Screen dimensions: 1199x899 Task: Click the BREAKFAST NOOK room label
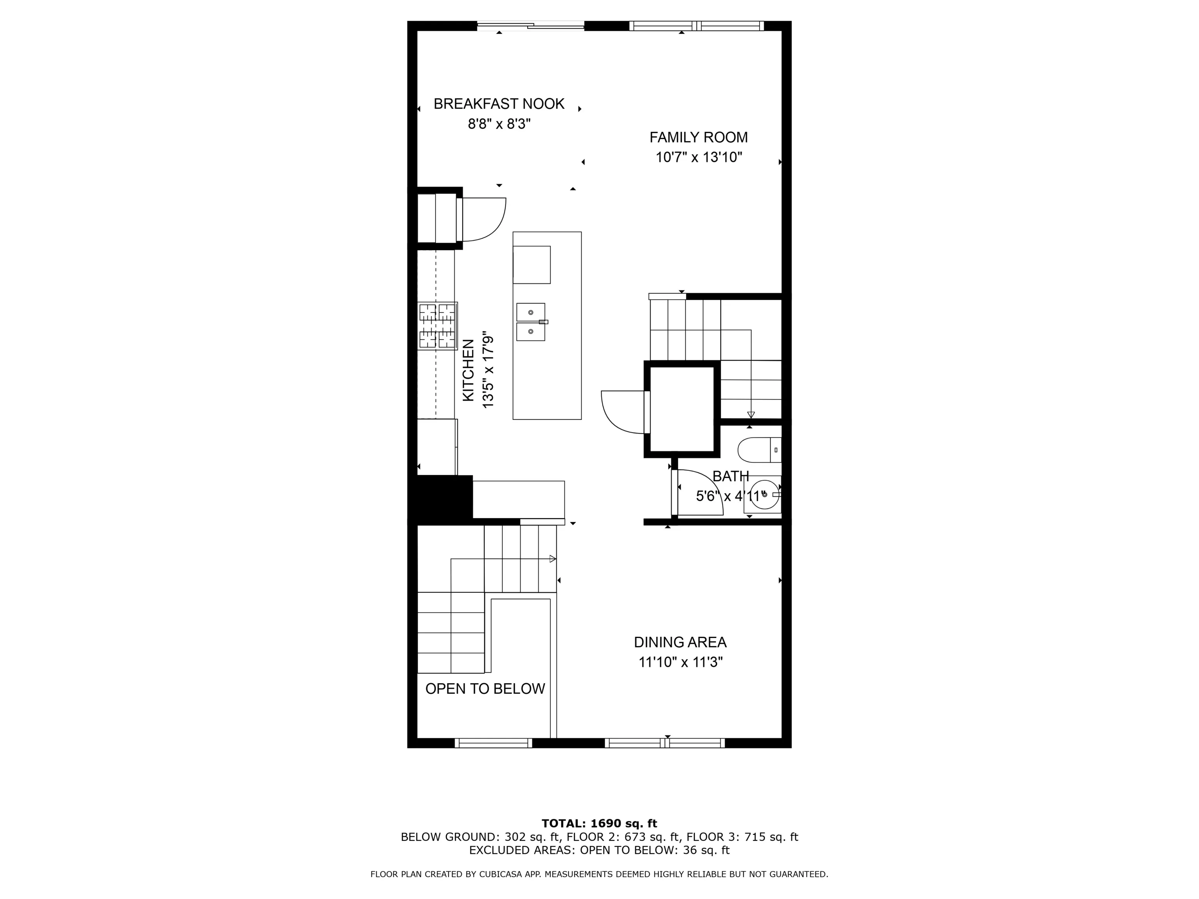click(499, 103)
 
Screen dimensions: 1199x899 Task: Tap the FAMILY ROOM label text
click(698, 138)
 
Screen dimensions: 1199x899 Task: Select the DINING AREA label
click(680, 642)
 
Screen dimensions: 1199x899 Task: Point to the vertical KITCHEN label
click(468, 370)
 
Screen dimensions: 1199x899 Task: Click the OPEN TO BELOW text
click(485, 689)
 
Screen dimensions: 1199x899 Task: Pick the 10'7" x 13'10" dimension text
click(698, 158)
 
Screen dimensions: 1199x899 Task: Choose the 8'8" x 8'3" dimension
click(499, 124)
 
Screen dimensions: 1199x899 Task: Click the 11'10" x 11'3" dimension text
click(680, 662)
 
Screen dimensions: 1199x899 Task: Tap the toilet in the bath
click(759, 450)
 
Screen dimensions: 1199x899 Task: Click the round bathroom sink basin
click(764, 494)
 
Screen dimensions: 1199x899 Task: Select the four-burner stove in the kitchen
click(438, 326)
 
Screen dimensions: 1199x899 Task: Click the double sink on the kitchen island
click(531, 322)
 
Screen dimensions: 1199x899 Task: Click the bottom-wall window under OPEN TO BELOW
click(493, 743)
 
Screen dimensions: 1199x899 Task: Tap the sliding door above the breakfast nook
click(531, 25)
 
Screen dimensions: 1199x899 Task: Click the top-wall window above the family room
click(697, 25)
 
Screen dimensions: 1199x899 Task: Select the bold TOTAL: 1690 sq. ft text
click(599, 824)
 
